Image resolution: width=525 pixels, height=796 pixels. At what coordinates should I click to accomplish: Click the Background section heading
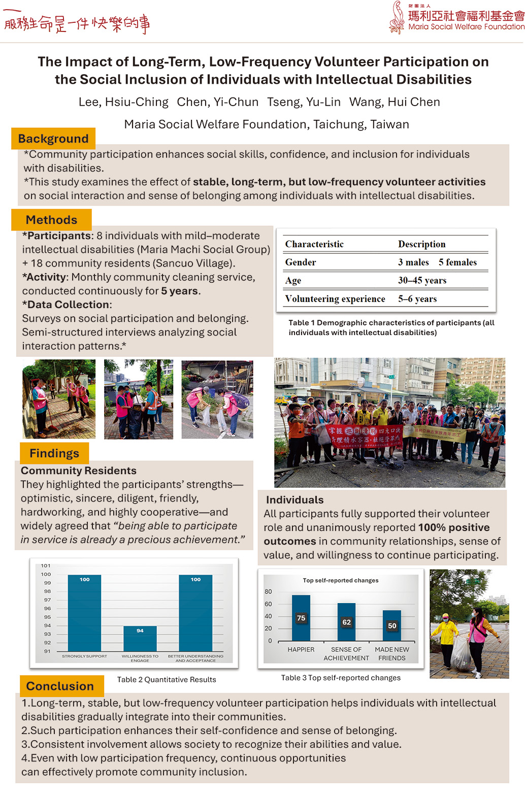pos(53,139)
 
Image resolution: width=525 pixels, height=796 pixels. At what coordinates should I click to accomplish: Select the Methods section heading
pos(51,220)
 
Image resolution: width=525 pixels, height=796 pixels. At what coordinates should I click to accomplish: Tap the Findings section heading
pos(54,453)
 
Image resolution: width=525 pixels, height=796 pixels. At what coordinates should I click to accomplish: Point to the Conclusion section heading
pos(60,686)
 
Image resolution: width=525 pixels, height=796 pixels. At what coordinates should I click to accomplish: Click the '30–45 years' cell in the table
pos(422,280)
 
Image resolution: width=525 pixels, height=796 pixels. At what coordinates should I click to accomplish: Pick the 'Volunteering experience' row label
pos(335,298)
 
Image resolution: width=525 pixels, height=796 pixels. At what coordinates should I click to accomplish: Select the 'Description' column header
pos(421,244)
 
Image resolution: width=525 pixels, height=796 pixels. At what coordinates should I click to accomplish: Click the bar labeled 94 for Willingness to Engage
pos(140,639)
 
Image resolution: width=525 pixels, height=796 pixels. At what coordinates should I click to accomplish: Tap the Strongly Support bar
pos(84,613)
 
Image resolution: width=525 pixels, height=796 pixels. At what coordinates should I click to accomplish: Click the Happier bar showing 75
pos(301,618)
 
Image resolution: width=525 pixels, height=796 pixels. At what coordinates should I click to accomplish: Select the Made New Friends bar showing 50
pos(392,625)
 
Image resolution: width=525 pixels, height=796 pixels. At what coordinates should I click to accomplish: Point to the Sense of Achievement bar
pos(346,622)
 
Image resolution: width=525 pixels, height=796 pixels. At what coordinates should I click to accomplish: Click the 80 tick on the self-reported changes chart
pos(268,591)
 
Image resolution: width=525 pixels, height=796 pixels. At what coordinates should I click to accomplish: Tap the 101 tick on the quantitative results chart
pos(46,566)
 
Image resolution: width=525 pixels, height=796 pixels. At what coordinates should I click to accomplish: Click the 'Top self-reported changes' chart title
pos(341,580)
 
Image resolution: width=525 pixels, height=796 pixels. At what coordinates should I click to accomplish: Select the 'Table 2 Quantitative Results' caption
pos(167,679)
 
